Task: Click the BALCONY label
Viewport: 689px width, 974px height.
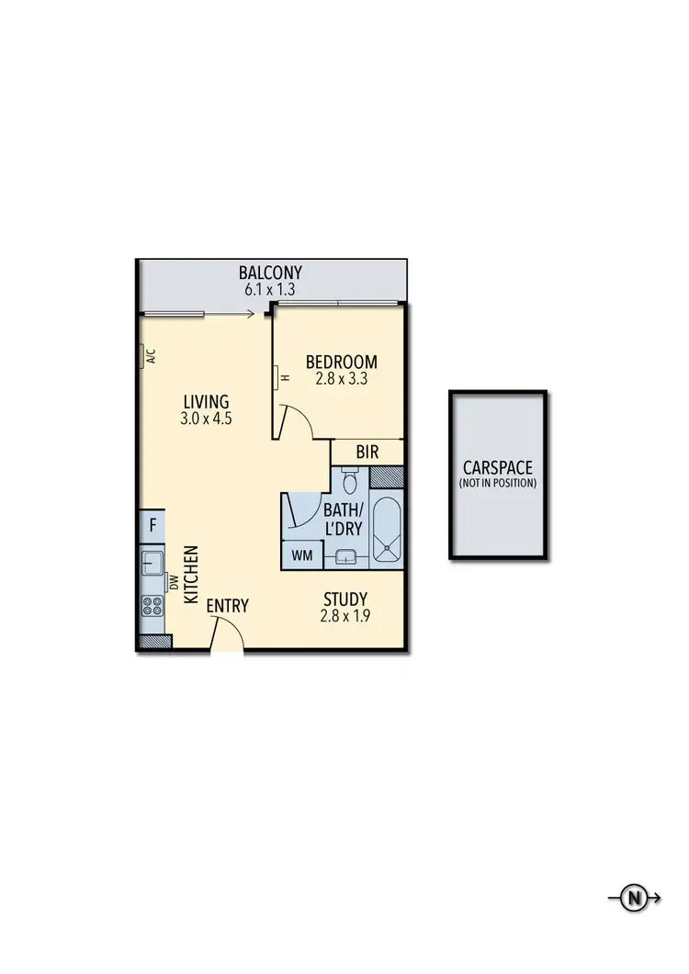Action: [270, 273]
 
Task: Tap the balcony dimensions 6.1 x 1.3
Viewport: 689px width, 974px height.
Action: [270, 289]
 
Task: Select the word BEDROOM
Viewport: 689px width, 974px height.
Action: [342, 361]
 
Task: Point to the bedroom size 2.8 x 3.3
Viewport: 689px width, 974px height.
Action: [342, 377]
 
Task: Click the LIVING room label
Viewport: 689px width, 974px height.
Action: [206, 402]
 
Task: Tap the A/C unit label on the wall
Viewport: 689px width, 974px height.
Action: [150, 357]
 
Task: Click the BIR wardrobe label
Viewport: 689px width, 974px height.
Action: [367, 453]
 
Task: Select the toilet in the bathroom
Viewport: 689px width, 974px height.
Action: [349, 480]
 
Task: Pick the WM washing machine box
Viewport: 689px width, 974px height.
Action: [301, 554]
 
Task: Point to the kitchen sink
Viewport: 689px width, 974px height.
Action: [151, 562]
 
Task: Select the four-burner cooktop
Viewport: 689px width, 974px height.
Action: [152, 606]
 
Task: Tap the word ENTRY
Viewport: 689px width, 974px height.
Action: [227, 606]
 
